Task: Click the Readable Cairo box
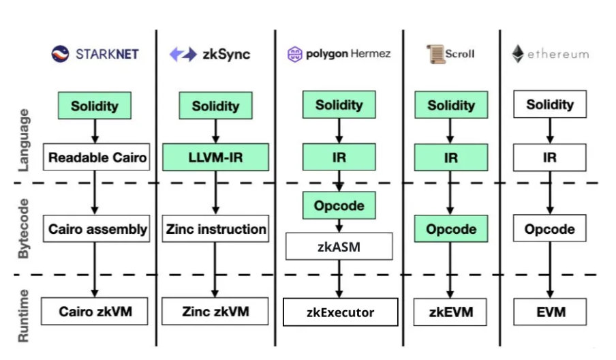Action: coord(96,157)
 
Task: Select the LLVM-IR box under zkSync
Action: coord(216,157)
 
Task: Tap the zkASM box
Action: coord(339,246)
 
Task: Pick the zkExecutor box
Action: coord(340,312)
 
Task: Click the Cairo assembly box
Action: coord(96,228)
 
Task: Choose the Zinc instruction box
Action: coord(216,228)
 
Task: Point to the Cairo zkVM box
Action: coord(95,312)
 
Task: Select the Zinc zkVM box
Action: coord(215,312)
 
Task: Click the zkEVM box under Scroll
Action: coord(450,312)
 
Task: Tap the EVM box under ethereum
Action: coord(550,312)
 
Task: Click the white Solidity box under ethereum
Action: coord(550,104)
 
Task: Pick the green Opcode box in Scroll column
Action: coord(451,228)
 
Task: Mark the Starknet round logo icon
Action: coord(60,54)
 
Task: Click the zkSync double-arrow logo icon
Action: coord(183,55)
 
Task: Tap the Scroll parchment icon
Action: coord(435,54)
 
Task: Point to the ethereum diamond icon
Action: coord(518,54)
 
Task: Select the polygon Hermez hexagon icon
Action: coord(294,55)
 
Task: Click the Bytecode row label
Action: coord(24,228)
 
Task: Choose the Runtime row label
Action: coord(24,316)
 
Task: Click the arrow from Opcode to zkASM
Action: coord(339,226)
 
